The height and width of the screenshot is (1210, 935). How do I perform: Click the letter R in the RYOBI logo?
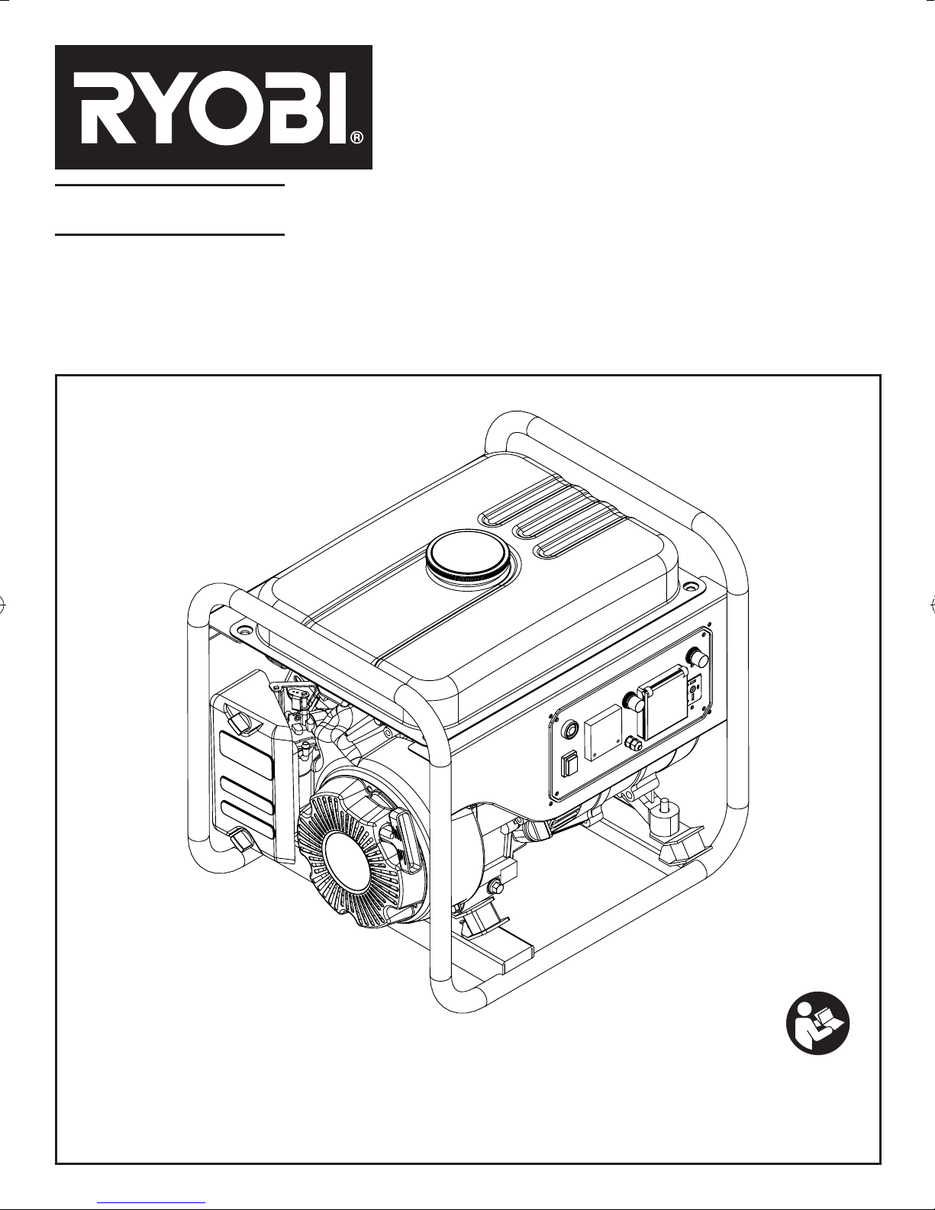point(102,107)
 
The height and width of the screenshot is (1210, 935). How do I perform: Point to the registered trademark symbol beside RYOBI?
point(357,137)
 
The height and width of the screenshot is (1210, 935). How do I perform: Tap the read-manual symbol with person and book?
point(817,1023)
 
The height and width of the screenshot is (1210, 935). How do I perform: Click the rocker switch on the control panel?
point(569,763)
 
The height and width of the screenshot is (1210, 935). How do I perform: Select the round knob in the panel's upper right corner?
point(697,657)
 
